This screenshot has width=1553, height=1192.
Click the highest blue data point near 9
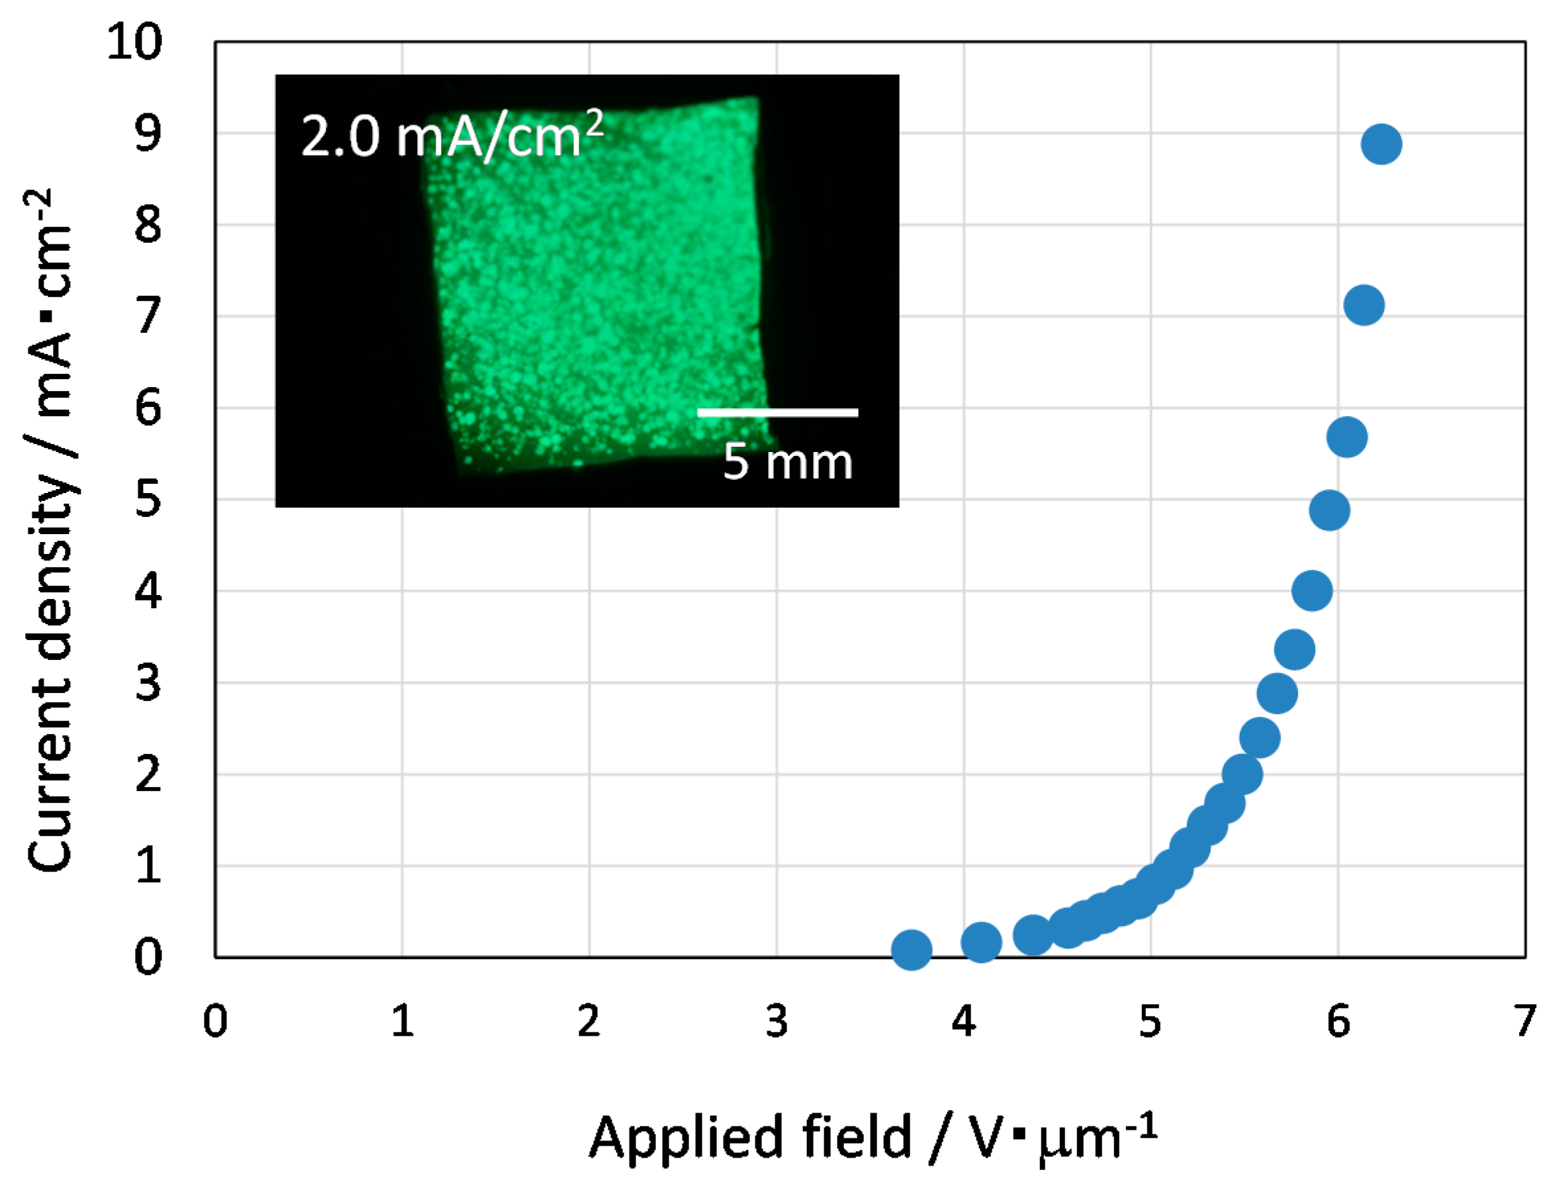tap(1381, 144)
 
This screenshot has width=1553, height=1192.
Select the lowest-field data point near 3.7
tap(911, 949)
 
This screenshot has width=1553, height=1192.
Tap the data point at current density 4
tap(1312, 590)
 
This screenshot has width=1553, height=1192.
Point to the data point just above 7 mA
tap(1364, 305)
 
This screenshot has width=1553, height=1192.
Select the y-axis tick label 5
tap(148, 499)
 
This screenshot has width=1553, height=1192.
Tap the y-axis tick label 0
tap(148, 957)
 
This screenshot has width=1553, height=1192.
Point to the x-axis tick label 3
tap(776, 1022)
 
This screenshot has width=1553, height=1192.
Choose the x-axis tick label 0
tap(215, 1022)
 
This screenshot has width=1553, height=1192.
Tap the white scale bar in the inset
tap(777, 412)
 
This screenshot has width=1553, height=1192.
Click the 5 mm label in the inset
tap(788, 463)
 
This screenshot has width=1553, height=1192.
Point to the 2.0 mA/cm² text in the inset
tap(452, 135)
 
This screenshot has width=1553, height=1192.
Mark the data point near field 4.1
tap(980, 942)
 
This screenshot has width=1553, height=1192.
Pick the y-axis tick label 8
tap(148, 224)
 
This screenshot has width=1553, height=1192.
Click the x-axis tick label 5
tap(1150, 1022)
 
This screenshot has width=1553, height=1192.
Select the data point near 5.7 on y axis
tap(1346, 437)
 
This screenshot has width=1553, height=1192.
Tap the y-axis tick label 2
tap(148, 774)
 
